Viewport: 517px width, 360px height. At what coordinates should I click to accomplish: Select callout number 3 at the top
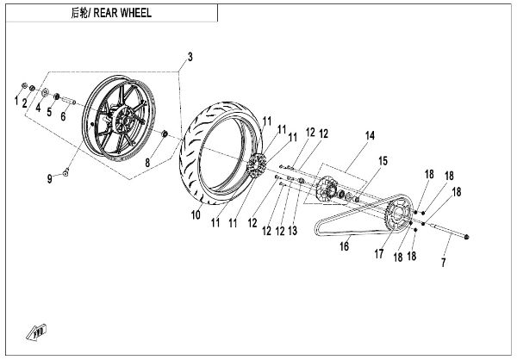[190, 57]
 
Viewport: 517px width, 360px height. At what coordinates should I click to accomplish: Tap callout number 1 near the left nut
[16, 102]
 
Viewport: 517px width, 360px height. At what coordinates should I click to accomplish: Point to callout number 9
[50, 178]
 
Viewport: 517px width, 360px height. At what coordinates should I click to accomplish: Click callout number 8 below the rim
[147, 161]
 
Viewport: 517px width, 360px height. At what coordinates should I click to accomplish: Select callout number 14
[371, 135]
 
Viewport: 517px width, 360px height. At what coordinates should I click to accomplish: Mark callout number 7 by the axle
[444, 262]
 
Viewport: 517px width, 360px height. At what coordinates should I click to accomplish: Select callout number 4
[38, 109]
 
